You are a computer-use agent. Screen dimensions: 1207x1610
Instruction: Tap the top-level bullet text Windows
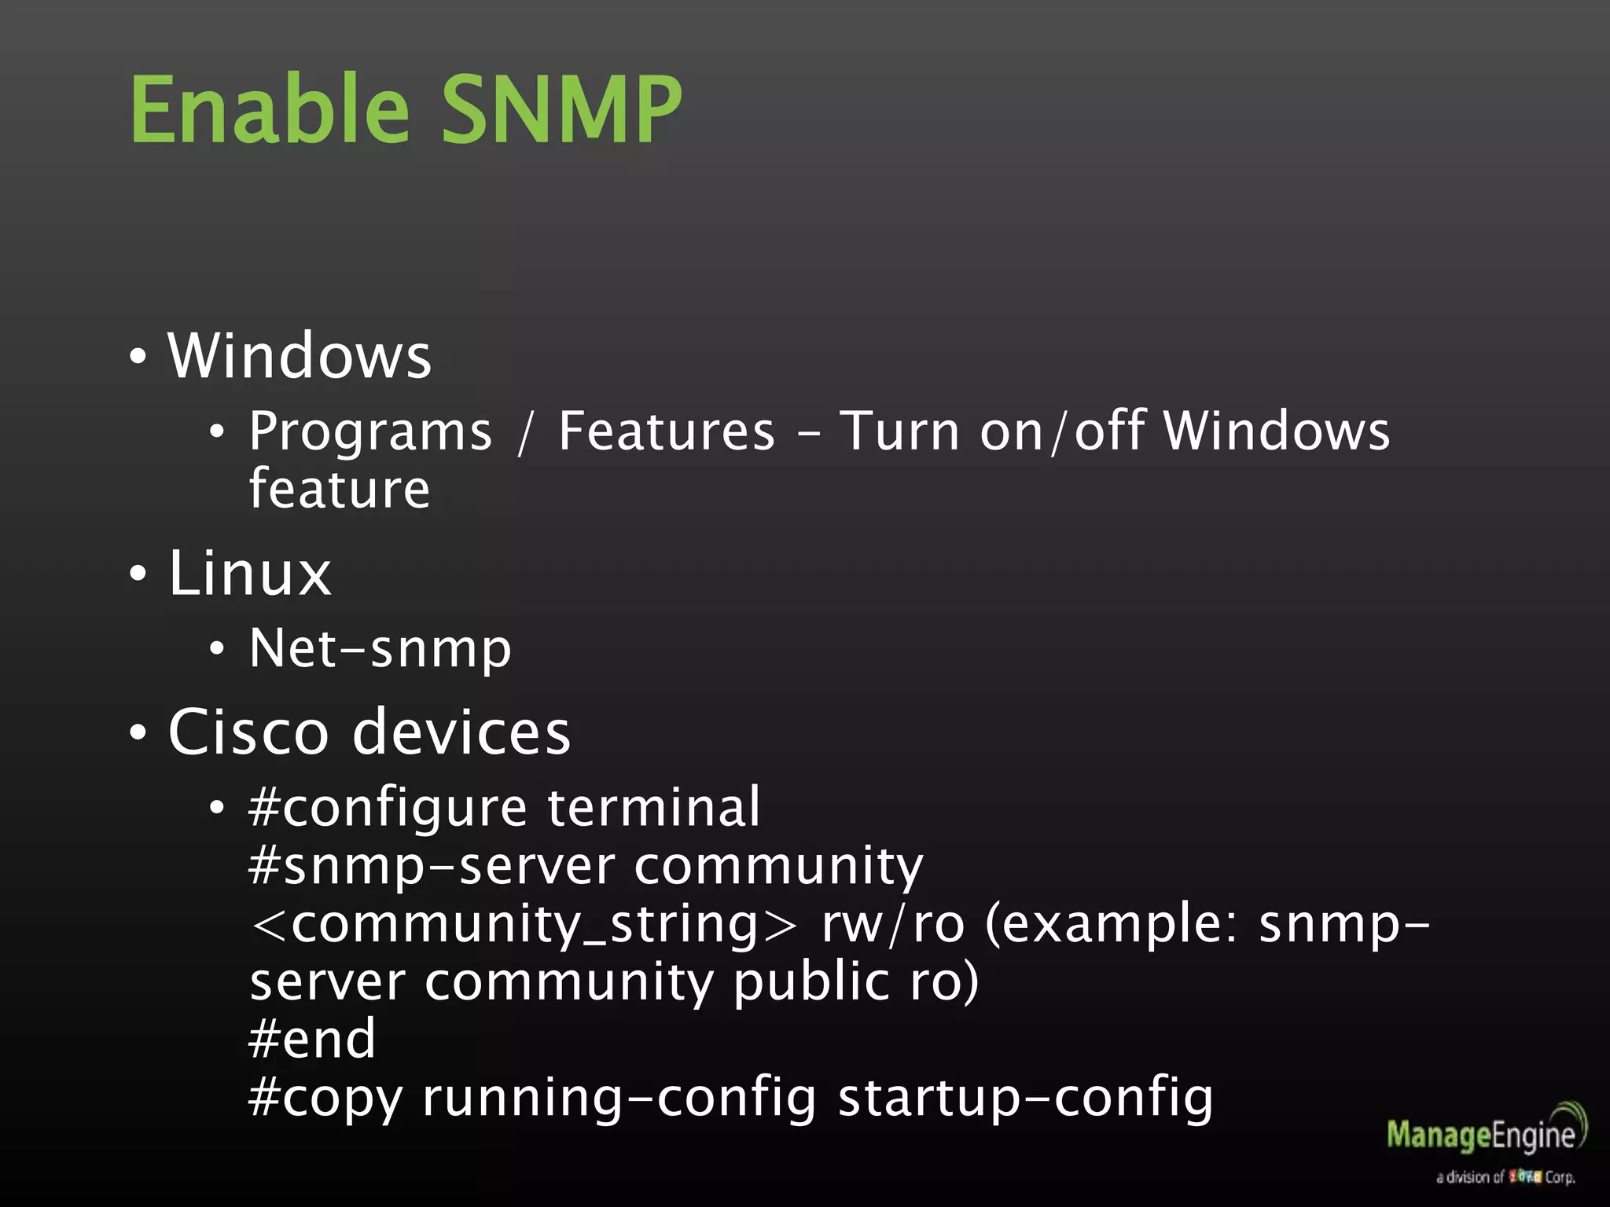point(300,356)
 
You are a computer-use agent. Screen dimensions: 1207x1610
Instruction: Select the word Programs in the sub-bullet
point(370,433)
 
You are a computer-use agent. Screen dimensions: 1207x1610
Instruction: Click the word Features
point(667,431)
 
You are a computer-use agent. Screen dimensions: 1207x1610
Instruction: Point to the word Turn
point(899,431)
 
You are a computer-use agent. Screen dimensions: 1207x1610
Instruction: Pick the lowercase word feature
point(340,490)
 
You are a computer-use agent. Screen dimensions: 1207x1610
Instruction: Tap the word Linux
point(250,573)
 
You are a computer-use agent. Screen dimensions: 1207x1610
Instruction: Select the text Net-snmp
point(380,650)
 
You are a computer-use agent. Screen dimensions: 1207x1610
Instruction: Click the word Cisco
point(248,732)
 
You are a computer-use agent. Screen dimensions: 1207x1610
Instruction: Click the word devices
point(461,732)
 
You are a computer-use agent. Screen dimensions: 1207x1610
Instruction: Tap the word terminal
point(654,808)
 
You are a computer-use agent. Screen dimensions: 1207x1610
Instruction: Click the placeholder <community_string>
point(523,924)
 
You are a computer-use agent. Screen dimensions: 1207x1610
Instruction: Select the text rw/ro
point(892,924)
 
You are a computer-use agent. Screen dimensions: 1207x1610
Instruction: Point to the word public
point(811,982)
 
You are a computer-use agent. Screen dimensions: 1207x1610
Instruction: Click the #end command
point(312,1039)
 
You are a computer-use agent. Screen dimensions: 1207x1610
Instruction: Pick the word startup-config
point(1025,1098)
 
